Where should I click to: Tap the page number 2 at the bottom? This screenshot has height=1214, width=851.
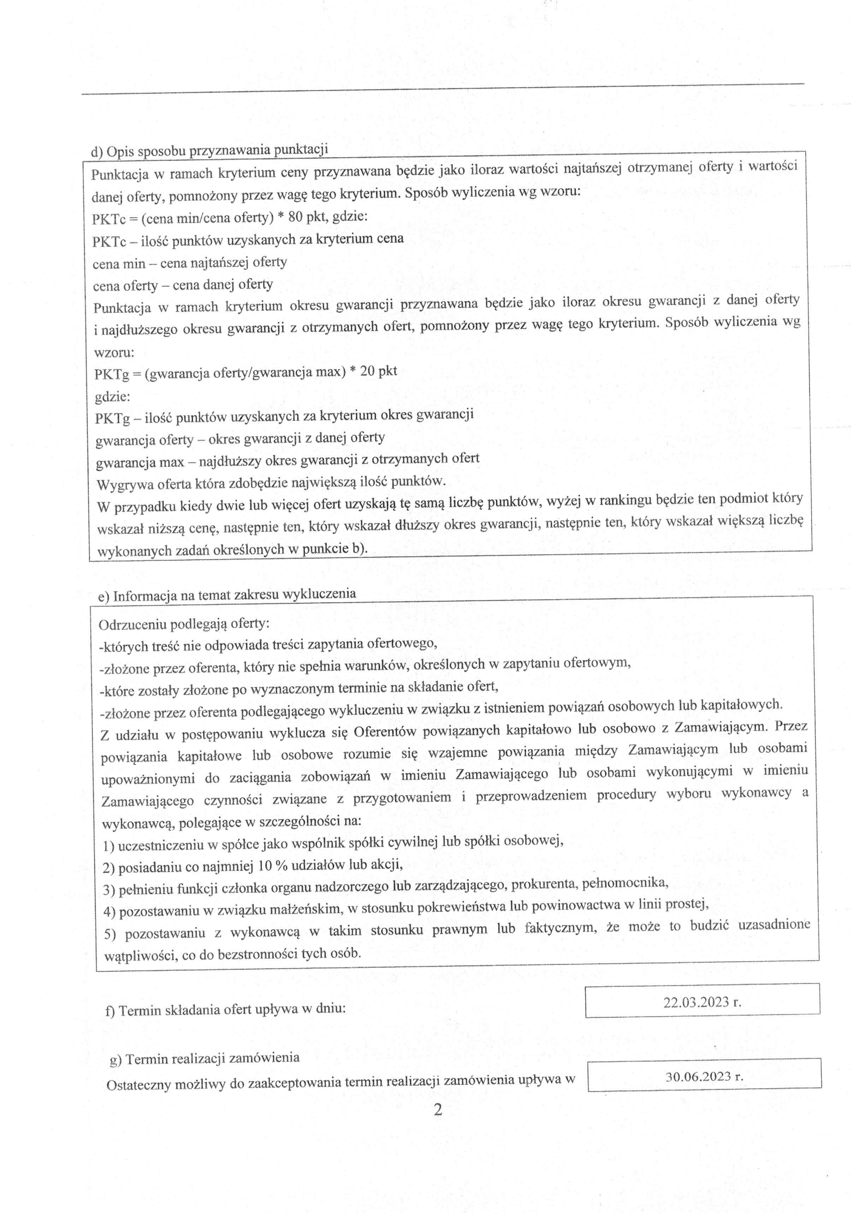(x=437, y=1109)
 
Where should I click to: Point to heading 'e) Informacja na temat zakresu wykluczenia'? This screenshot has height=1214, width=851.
(x=227, y=595)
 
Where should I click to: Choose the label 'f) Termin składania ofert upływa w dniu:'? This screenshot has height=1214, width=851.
(x=226, y=1010)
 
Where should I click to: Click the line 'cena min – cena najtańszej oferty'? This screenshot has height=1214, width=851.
(x=190, y=262)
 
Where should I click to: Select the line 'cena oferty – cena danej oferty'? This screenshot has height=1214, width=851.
(x=183, y=285)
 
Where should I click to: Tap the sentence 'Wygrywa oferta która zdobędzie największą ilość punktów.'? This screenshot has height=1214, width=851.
(x=271, y=482)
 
